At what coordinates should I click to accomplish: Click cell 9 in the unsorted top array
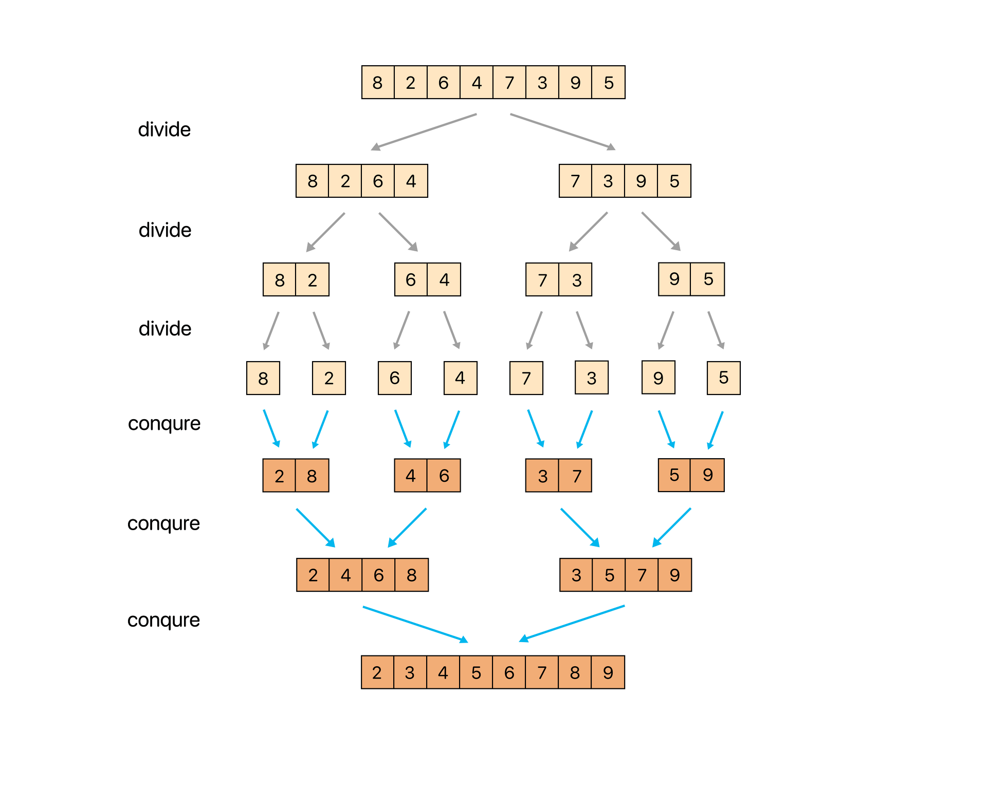click(575, 82)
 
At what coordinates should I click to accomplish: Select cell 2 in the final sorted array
click(377, 672)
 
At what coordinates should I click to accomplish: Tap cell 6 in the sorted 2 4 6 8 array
click(379, 575)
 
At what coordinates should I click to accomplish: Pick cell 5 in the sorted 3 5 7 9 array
click(609, 575)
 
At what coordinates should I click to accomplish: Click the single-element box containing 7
click(526, 378)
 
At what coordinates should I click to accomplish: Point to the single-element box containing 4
click(460, 378)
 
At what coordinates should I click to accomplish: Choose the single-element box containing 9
click(658, 378)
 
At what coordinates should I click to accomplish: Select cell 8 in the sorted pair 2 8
click(312, 476)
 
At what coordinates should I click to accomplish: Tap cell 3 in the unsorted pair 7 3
click(576, 279)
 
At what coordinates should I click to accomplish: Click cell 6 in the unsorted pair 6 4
click(411, 279)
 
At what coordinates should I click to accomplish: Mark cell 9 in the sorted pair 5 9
click(708, 475)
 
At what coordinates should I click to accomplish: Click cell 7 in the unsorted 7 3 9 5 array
click(575, 181)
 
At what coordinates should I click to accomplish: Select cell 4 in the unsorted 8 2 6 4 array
click(411, 181)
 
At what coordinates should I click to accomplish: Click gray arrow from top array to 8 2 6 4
click(424, 131)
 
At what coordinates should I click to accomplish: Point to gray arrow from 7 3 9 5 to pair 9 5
click(661, 231)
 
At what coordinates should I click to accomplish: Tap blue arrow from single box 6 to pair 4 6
click(403, 428)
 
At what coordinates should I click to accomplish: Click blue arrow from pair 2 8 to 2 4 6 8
click(316, 528)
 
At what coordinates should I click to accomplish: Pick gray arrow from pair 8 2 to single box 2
click(321, 330)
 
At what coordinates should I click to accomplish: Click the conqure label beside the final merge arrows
click(163, 620)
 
